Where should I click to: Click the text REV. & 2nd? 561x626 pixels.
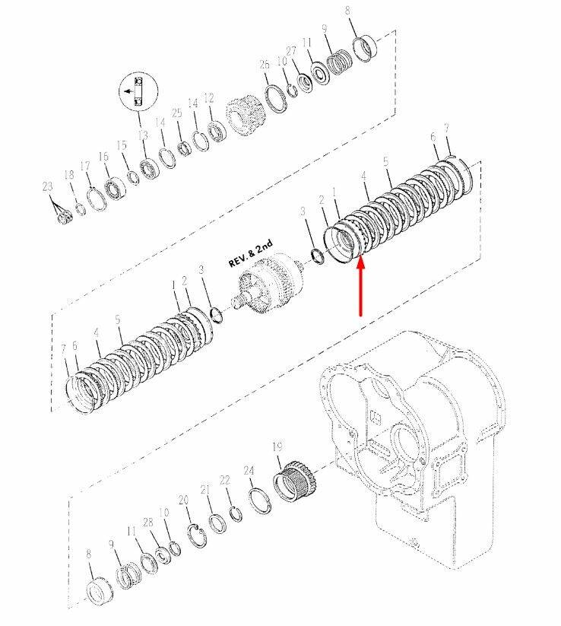coord(251,253)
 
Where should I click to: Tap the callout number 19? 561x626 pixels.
coord(277,446)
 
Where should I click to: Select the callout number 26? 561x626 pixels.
coord(265,65)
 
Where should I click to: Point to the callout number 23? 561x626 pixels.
coord(47,186)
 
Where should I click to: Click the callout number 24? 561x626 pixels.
coord(249,471)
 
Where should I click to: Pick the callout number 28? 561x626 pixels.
coord(148,523)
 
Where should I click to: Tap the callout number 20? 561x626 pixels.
coord(183,500)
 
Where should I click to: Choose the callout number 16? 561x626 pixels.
coord(103,156)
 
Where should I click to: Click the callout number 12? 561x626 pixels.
coord(209,98)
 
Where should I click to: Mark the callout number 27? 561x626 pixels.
coord(291,51)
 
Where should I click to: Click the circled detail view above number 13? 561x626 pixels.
coord(138,91)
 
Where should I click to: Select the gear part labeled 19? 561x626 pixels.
coord(296,481)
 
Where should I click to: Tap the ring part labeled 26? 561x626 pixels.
coord(275,99)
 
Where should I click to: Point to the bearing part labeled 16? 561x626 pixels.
coord(115,188)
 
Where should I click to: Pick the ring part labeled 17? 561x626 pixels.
coord(97,199)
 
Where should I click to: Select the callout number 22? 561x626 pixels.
coord(225,480)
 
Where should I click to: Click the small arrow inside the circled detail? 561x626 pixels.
coord(128,91)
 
